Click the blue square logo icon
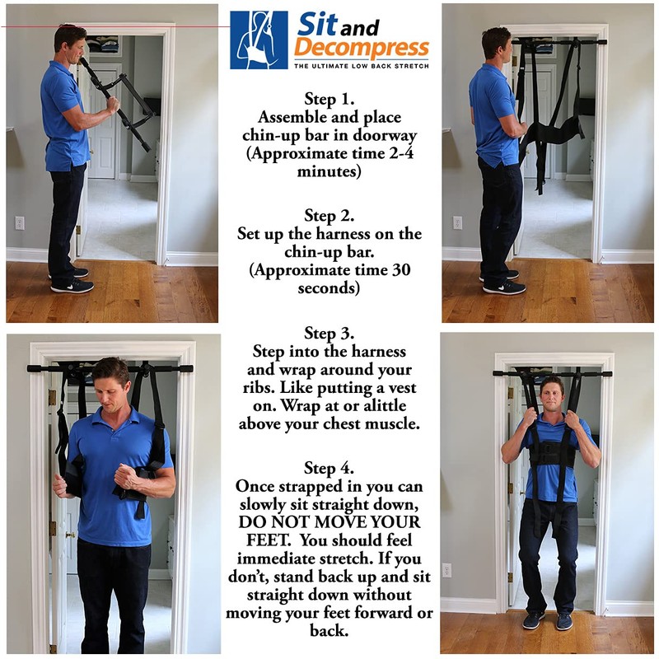coord(259,40)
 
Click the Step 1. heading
coord(329,100)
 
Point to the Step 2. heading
coord(329,216)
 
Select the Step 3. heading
coord(329,334)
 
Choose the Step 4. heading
coord(329,468)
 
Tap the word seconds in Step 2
coord(329,287)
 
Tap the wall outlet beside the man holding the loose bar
coord(20,222)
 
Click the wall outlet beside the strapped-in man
coord(446,570)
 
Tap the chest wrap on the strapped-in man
coord(549,453)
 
